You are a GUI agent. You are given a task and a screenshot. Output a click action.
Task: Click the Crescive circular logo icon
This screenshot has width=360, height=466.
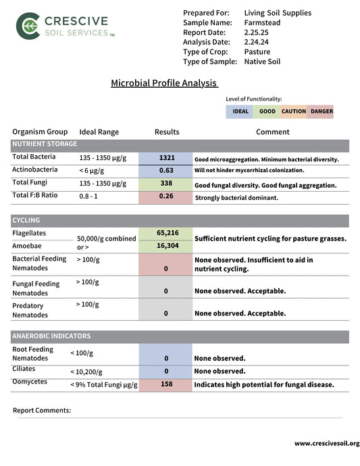coord(28,25)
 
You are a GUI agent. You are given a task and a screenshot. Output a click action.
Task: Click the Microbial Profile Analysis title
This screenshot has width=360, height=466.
coord(164,83)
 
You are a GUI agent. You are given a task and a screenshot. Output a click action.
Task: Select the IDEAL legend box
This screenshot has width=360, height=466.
coord(240,111)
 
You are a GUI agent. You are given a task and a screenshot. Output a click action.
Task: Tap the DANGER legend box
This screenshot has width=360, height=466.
coord(322,111)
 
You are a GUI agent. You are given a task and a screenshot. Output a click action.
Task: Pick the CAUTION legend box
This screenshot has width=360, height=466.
coord(294,111)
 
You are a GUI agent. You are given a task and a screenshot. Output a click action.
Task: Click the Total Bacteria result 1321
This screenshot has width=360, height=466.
coord(166,158)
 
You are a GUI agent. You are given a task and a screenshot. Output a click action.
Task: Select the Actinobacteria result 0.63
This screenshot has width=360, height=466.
coord(166,171)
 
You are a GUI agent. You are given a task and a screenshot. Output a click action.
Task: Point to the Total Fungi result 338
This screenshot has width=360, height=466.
coord(166,184)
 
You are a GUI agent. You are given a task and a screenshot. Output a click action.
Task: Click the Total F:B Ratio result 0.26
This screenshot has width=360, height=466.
coord(166,197)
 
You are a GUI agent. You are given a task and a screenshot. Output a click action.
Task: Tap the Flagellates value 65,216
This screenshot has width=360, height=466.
coord(167,233)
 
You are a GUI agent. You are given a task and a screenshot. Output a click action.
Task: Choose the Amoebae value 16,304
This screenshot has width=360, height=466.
coord(167,247)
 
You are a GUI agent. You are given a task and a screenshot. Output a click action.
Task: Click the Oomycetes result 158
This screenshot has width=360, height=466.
coord(166,384)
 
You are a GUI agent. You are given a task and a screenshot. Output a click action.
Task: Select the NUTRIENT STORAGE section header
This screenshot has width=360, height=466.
coord(45,145)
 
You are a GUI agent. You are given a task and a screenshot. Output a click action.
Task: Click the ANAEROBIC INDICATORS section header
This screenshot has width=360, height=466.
coord(51,336)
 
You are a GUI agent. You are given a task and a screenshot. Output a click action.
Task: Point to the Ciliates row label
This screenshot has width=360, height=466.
coord(24,369)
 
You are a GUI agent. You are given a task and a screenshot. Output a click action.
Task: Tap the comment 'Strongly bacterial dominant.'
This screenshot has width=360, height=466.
coord(236,198)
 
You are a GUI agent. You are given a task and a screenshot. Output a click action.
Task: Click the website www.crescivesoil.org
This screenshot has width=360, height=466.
coord(326,444)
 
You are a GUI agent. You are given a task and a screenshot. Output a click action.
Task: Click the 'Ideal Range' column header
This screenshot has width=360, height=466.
coord(99,132)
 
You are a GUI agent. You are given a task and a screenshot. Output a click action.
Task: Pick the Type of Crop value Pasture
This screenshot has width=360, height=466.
coord(257,51)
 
